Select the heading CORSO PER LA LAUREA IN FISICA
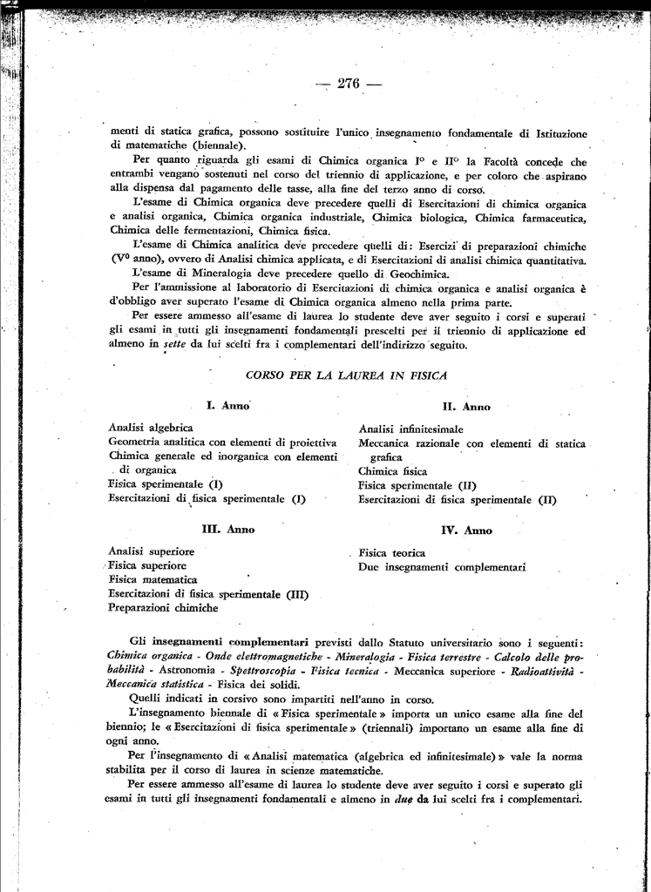(x=346, y=375)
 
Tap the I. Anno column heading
(x=228, y=405)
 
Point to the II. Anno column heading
(x=466, y=407)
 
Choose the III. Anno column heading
(x=227, y=529)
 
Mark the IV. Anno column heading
(x=467, y=530)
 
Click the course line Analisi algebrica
(x=151, y=428)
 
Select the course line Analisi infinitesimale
(x=411, y=429)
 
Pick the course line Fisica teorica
(x=392, y=552)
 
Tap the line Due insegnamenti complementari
(x=442, y=567)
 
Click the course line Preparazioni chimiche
(x=163, y=608)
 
